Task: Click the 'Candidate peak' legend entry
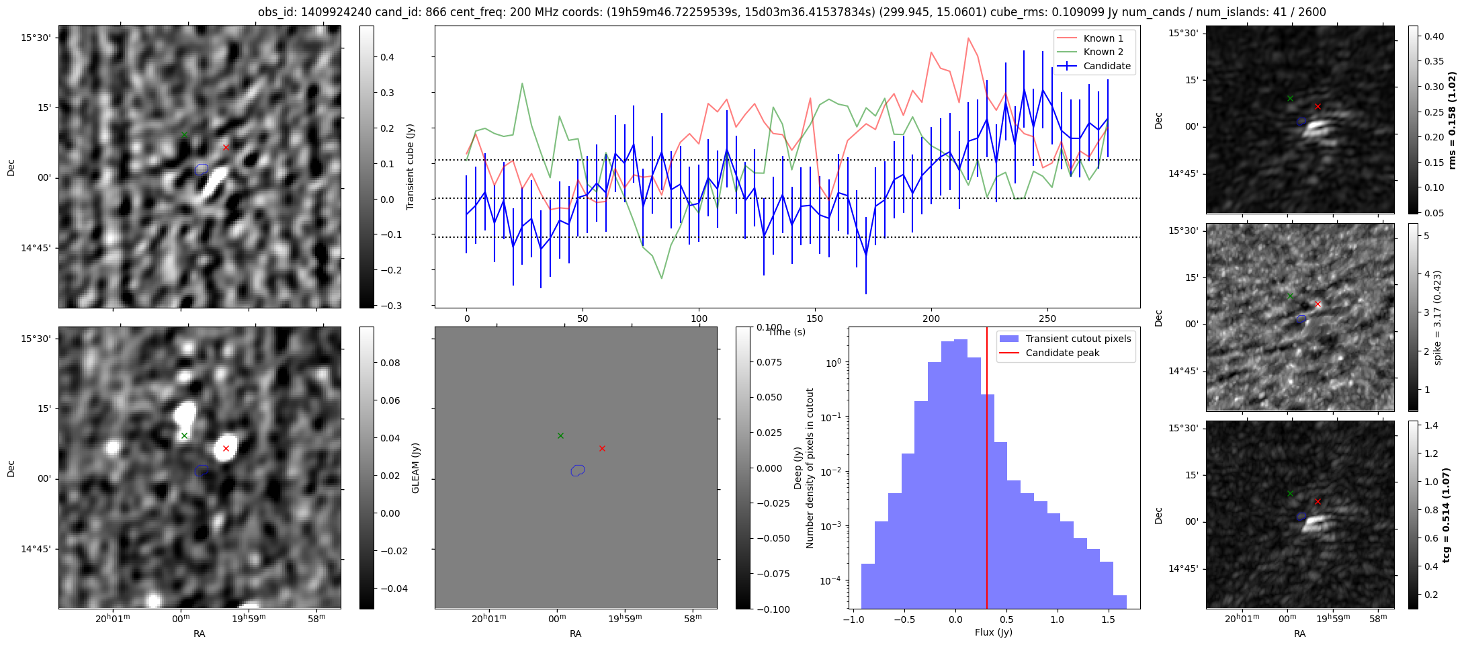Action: [x=1062, y=353]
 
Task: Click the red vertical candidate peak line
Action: [x=987, y=470]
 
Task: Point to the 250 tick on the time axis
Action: [x=1047, y=318]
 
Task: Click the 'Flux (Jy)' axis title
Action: [x=993, y=632]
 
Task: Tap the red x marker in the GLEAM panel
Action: [x=602, y=448]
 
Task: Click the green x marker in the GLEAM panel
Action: [x=560, y=435]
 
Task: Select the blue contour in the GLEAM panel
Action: [x=578, y=470]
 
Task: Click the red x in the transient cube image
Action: [x=226, y=147]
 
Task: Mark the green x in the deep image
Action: [x=184, y=435]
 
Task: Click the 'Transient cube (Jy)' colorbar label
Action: [x=410, y=167]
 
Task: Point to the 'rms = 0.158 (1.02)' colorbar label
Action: [x=1451, y=120]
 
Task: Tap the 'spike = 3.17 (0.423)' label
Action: [x=1437, y=317]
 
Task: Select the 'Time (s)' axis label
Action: [x=787, y=332]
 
